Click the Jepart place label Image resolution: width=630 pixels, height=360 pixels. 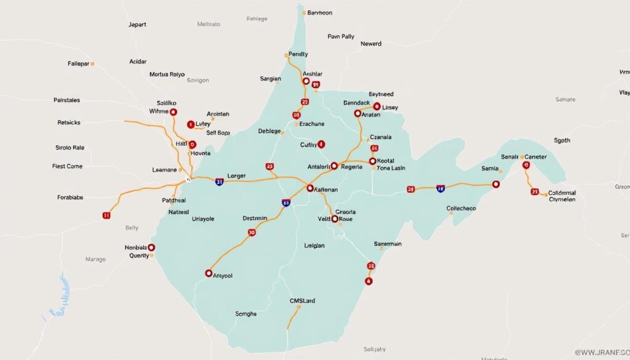137,25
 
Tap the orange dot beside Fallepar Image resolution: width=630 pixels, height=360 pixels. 93,63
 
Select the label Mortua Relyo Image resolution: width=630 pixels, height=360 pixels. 167,74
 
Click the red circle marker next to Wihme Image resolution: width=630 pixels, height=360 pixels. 173,112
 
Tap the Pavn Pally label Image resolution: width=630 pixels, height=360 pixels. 341,36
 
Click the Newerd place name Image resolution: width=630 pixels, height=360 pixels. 370,44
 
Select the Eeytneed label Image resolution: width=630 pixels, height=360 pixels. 377,94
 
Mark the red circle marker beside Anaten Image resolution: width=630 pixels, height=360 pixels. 357,113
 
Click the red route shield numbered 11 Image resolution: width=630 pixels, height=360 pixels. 106,215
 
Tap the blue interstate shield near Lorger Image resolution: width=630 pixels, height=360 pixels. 220,182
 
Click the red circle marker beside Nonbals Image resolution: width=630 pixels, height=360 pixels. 151,247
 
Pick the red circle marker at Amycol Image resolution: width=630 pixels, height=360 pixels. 208,273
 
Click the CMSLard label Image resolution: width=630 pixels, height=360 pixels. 302,301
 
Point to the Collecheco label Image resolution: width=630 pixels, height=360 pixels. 461,209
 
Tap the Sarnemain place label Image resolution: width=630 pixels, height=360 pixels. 388,244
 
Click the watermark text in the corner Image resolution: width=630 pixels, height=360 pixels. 601,352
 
